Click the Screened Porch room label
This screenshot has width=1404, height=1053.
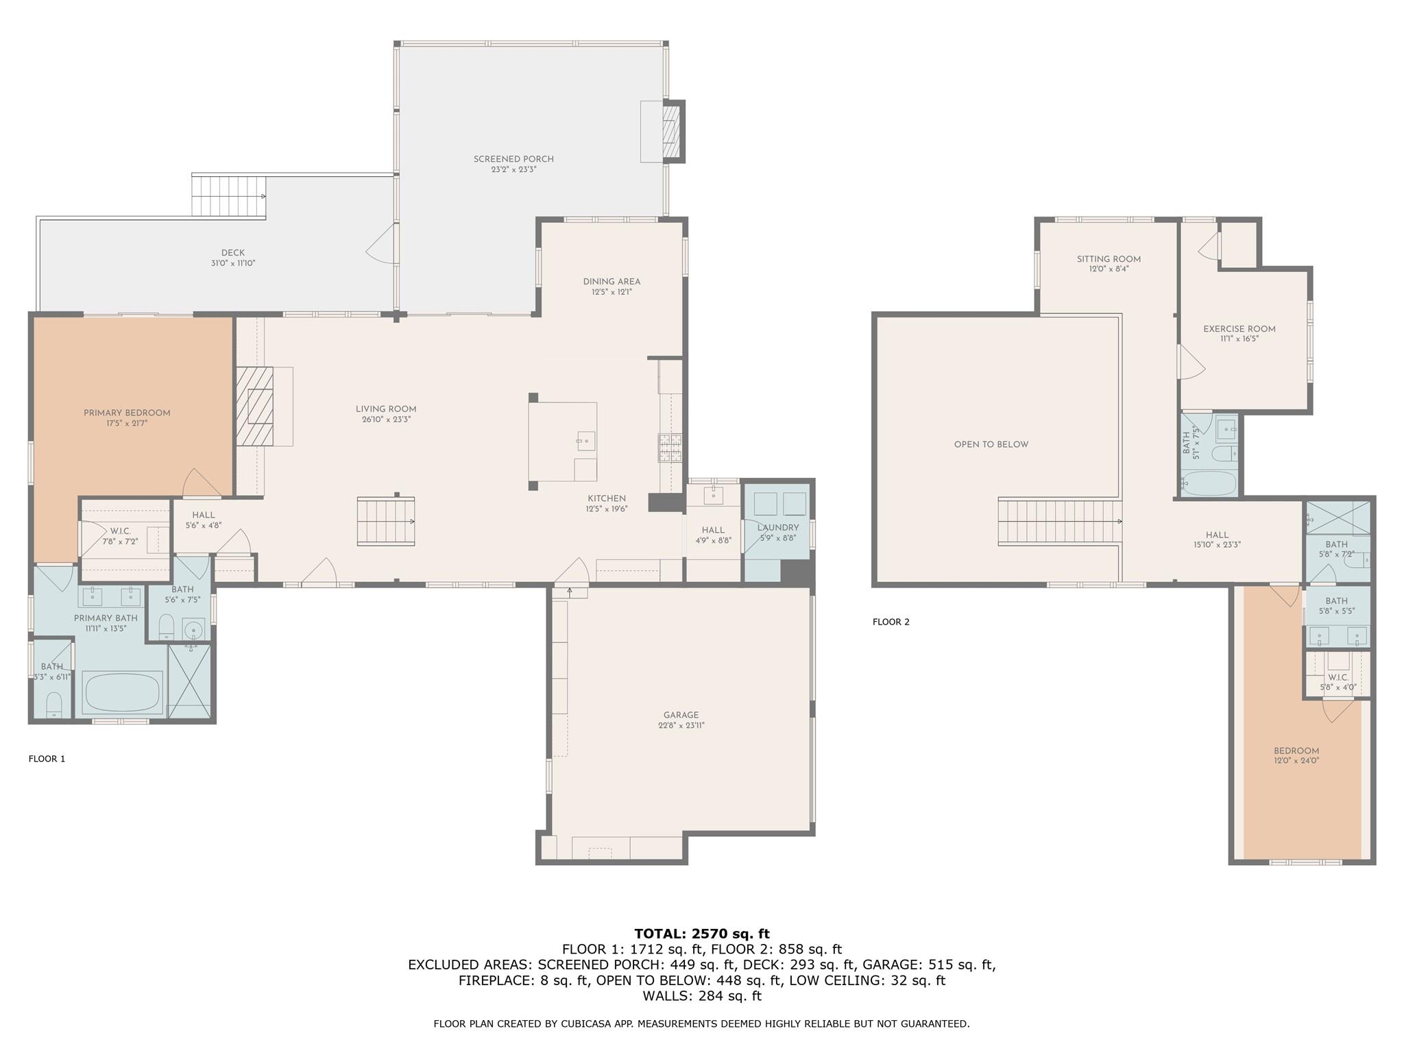(x=513, y=159)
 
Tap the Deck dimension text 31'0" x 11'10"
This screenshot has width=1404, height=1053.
(x=233, y=263)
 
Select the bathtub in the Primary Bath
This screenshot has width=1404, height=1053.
(x=122, y=692)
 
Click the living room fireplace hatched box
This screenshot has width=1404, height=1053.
(x=254, y=407)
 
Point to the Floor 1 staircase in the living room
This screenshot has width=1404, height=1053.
(x=385, y=522)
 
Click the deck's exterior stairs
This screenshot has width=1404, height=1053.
(x=228, y=197)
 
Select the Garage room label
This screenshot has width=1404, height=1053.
(x=681, y=715)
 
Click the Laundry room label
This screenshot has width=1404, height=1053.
(x=778, y=527)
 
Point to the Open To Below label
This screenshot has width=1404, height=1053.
(x=991, y=444)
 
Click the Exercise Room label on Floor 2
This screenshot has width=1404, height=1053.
(x=1239, y=329)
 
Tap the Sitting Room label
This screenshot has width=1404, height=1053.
(x=1109, y=259)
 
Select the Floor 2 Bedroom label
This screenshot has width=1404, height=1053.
(x=1296, y=751)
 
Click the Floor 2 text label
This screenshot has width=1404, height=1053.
(x=891, y=622)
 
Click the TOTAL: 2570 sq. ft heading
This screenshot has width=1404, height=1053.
(x=701, y=934)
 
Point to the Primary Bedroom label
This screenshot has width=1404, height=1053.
(x=127, y=413)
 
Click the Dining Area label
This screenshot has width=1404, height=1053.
(x=612, y=281)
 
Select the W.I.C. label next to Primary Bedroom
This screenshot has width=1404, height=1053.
(x=121, y=531)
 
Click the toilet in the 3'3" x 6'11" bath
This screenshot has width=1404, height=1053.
(x=53, y=704)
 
